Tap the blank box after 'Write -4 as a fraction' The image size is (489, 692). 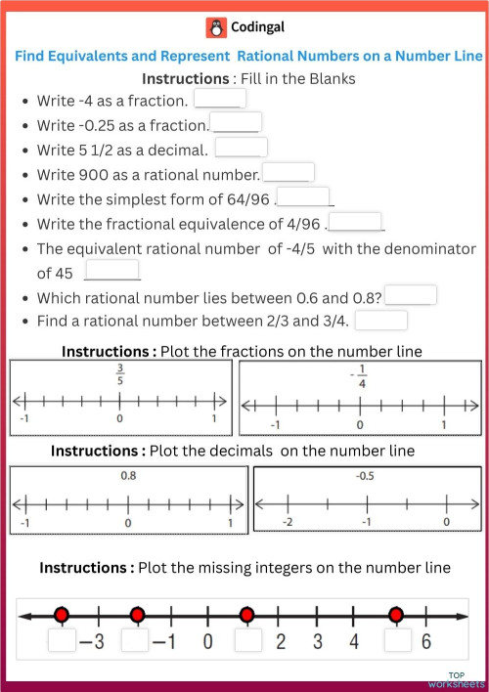click(x=219, y=99)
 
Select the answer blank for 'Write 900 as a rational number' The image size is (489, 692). click(x=288, y=173)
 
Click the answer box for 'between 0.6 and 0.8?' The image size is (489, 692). click(x=411, y=295)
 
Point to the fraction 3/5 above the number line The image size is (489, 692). click(x=120, y=375)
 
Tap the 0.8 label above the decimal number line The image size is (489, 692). click(x=128, y=476)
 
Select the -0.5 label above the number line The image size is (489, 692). click(x=367, y=477)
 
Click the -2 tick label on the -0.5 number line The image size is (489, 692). click(x=287, y=523)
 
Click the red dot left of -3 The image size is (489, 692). click(x=62, y=615)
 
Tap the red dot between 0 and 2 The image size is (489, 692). click(x=246, y=615)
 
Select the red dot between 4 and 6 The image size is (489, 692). click(x=395, y=615)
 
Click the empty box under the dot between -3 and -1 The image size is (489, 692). click(x=136, y=641)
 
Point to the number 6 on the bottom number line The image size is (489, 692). click(x=425, y=642)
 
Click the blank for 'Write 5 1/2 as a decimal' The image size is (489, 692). click(x=241, y=148)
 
